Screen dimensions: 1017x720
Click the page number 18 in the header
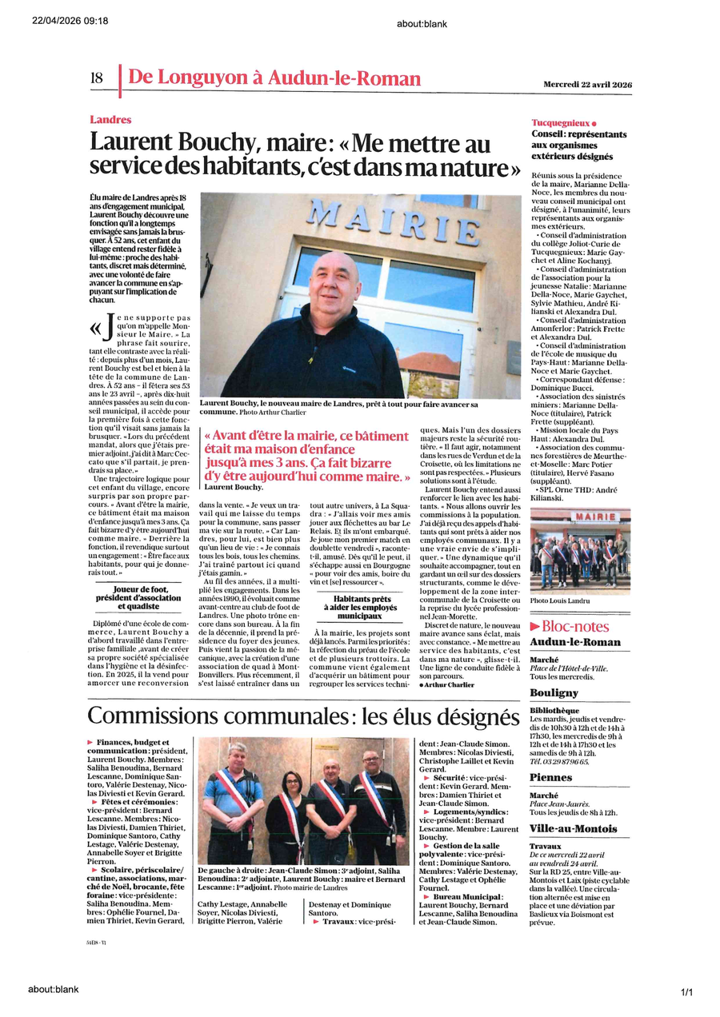pyautogui.click(x=97, y=78)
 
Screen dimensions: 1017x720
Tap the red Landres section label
pyautogui.click(x=110, y=119)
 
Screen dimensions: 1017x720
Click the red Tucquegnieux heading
pyautogui.click(x=560, y=123)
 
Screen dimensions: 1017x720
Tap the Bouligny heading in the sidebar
pyautogui.click(x=554, y=693)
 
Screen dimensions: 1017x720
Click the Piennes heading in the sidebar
pyautogui.click(x=550, y=776)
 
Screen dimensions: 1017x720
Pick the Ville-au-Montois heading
pyautogui.click(x=571, y=828)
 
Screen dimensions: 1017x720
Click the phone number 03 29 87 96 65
pyautogui.click(x=559, y=761)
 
